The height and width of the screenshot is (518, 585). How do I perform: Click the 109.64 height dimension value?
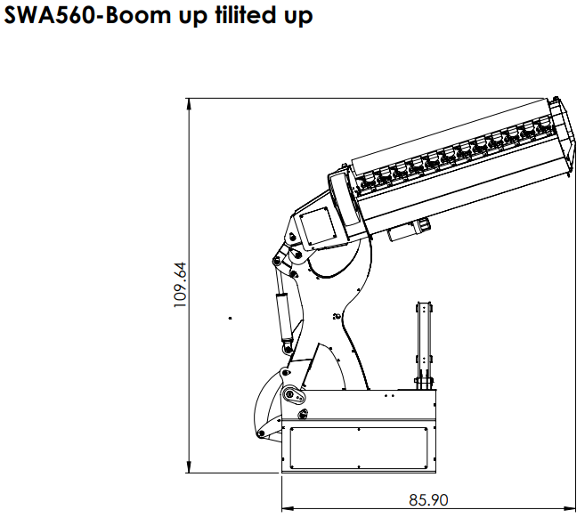click(x=180, y=285)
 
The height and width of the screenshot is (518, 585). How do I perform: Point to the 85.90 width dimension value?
click(x=428, y=500)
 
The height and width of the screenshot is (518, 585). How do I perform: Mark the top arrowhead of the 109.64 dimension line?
click(x=189, y=104)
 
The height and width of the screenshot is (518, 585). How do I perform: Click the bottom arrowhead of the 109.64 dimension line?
click(x=189, y=467)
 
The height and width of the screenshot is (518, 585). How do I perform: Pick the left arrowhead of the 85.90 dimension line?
click(x=288, y=508)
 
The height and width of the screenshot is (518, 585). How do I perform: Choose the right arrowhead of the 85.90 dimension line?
click(x=570, y=508)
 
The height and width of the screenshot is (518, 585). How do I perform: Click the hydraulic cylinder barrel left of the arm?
click(x=284, y=316)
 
